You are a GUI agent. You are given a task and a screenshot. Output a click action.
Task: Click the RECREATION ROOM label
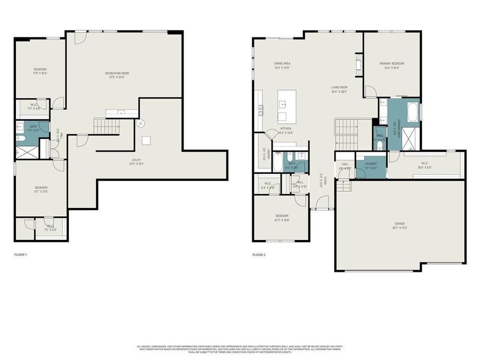tap(117, 73)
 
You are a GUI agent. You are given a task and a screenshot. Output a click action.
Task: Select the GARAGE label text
tap(400, 223)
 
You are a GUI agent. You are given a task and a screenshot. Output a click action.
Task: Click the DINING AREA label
tap(282, 63)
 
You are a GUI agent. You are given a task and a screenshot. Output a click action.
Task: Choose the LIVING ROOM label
tap(339, 87)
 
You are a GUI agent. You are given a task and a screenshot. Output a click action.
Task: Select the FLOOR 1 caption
tap(20, 254)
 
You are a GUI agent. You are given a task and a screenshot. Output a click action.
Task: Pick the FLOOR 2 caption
tap(259, 254)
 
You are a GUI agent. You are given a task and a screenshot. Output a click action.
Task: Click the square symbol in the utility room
tap(146, 140)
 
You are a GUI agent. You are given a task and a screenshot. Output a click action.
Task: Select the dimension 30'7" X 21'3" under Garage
tap(400, 228)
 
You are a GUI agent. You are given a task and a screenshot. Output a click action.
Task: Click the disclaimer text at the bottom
tap(240, 349)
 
